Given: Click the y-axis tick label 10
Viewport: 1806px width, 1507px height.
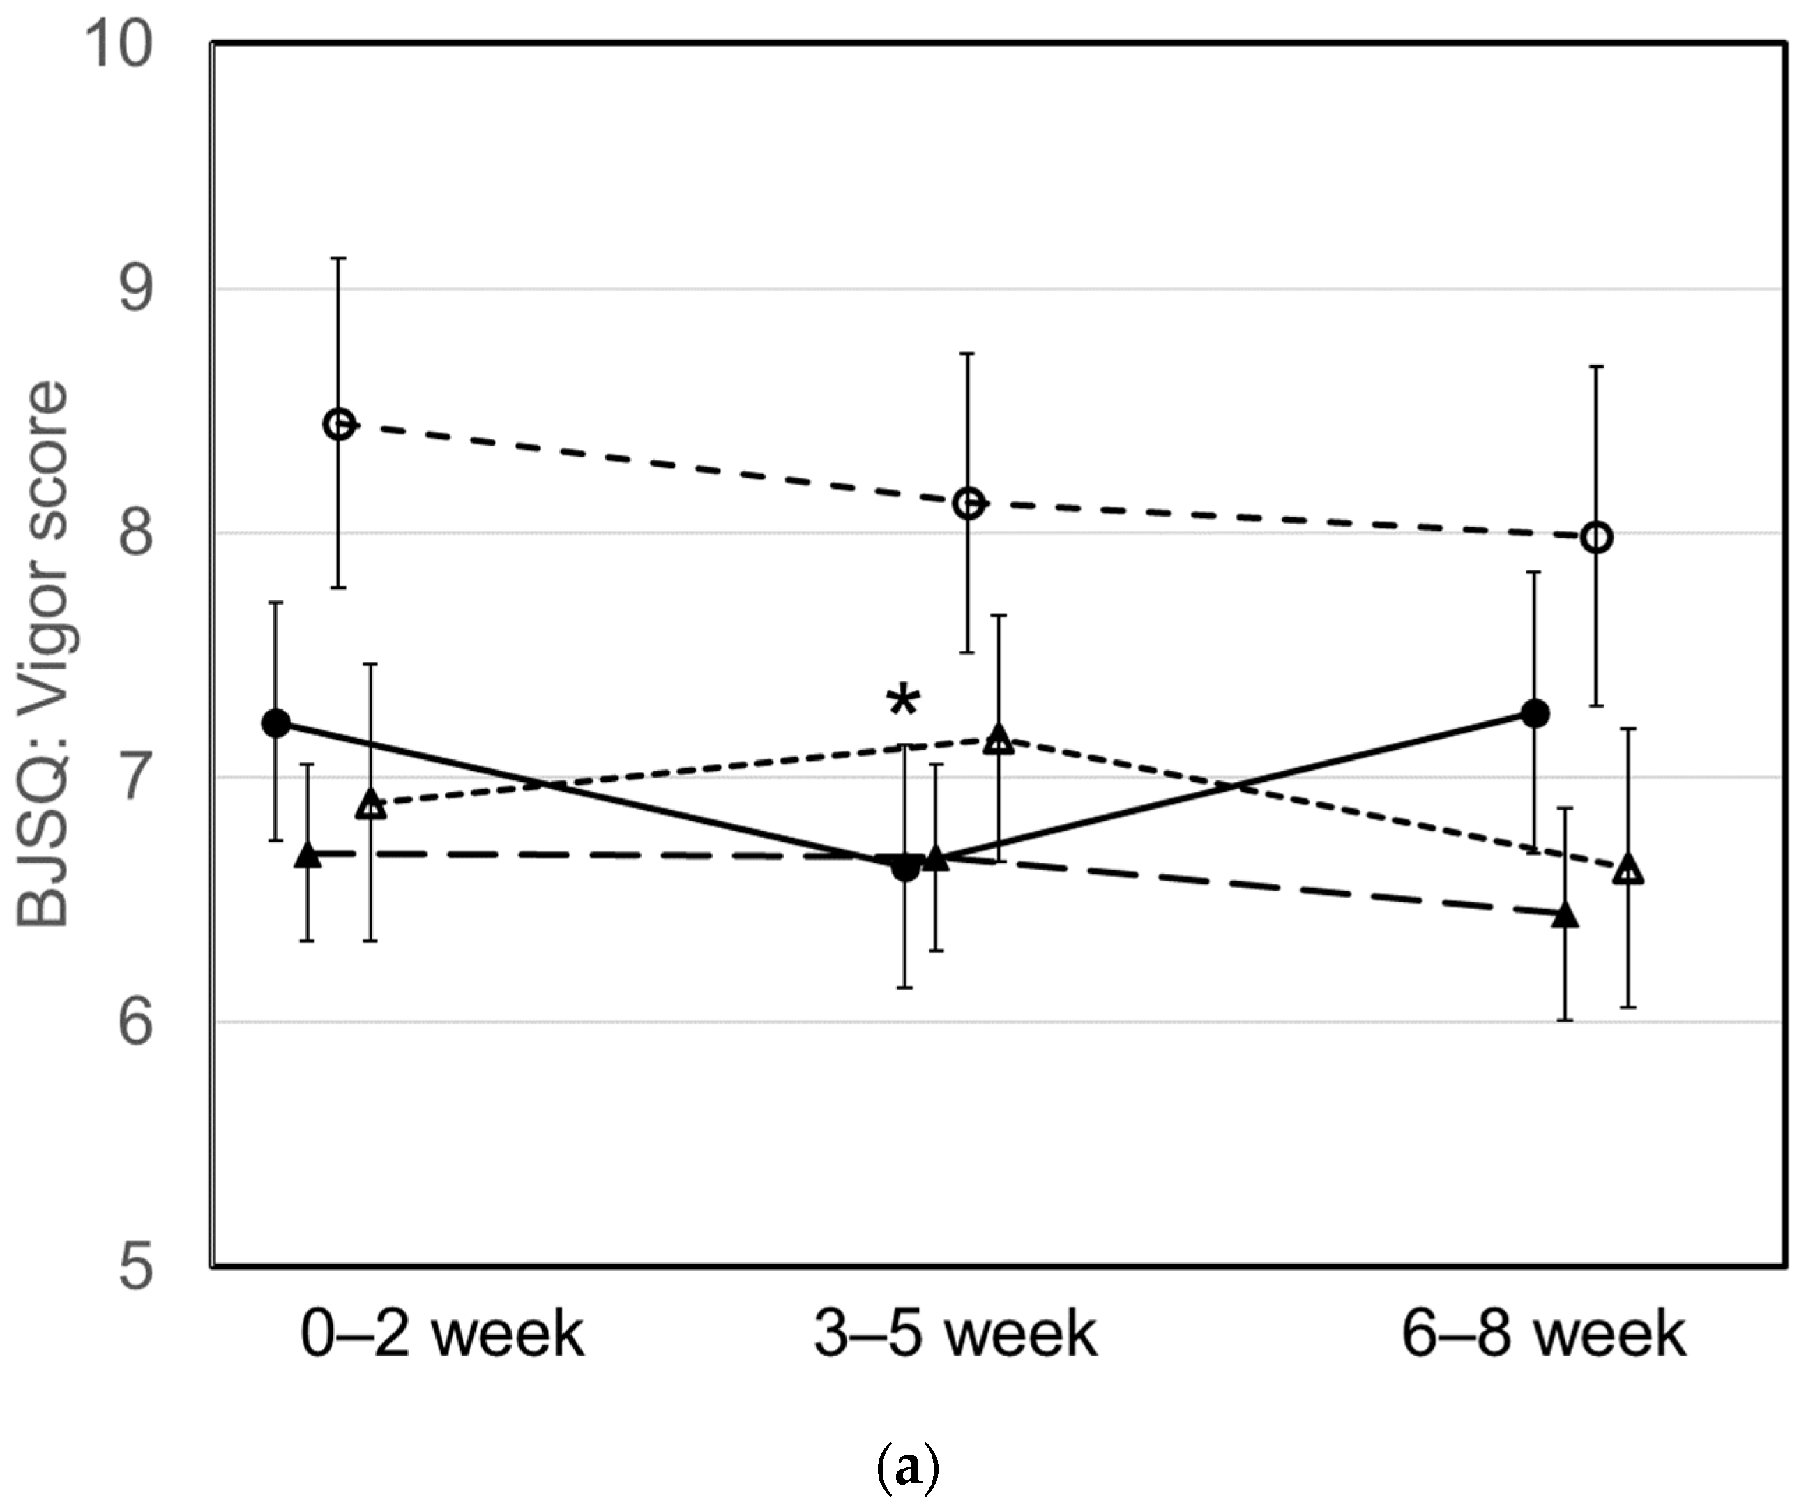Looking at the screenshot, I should pos(121,45).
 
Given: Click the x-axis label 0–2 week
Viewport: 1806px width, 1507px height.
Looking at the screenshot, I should pos(442,1334).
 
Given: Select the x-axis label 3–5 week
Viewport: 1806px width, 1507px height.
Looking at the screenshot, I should pos(955,1334).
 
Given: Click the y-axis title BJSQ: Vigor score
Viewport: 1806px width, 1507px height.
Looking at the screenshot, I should pos(43,653).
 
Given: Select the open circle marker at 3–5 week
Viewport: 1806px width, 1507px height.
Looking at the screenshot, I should pos(969,503).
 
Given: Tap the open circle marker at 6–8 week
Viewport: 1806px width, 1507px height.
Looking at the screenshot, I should pos(1597,538).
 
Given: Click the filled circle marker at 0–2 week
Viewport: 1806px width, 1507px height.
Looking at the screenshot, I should pos(276,722).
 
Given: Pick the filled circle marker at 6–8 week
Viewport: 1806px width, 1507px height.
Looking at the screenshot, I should pos(1535,713).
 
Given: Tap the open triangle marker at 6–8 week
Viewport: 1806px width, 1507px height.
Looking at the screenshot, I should pos(1628,870).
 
